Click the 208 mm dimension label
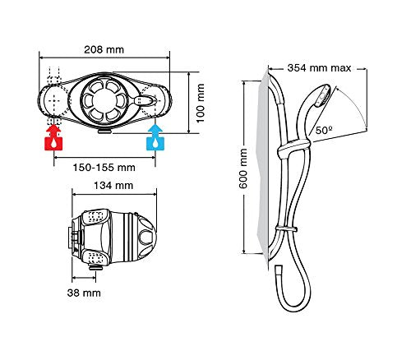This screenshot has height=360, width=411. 104,50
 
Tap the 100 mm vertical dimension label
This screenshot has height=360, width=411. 201,104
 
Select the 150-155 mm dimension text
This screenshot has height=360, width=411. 104,168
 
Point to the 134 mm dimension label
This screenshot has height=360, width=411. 113,186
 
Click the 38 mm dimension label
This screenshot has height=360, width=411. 84,293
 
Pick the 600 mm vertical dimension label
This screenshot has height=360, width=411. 243,168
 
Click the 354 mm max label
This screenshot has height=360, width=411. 319,68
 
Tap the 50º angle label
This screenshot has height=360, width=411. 324,131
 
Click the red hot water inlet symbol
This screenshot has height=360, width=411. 53,137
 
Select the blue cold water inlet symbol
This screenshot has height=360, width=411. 155,137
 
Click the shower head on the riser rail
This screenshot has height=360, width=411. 323,96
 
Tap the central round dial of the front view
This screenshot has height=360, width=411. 104,101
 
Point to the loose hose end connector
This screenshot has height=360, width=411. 279,271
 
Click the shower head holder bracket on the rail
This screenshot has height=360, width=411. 293,148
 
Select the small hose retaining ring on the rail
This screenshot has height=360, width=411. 287,228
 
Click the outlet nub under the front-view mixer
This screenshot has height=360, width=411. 105,132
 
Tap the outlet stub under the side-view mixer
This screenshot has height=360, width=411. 96,267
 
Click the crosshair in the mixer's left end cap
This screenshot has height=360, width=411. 54,100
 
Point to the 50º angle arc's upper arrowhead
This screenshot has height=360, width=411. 338,89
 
